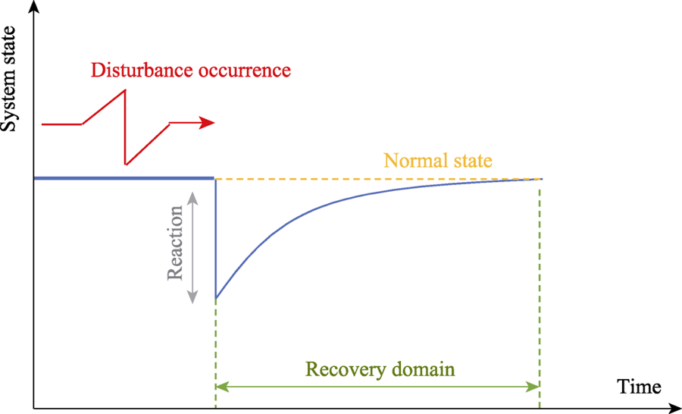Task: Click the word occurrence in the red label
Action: point(245,71)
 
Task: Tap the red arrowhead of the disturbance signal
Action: point(207,123)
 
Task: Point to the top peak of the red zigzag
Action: point(125,89)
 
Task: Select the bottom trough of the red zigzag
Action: point(126,164)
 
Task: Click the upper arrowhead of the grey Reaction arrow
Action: point(192,199)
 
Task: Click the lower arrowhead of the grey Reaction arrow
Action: point(192,297)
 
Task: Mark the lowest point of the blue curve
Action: point(216,298)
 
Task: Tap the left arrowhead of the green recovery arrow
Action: point(222,387)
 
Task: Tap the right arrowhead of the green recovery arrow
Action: point(533,387)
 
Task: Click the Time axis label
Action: point(639,386)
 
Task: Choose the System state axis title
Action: point(9,79)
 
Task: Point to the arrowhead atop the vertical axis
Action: point(34,6)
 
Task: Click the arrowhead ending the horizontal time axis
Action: point(675,409)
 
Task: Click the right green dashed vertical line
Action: point(540,295)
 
